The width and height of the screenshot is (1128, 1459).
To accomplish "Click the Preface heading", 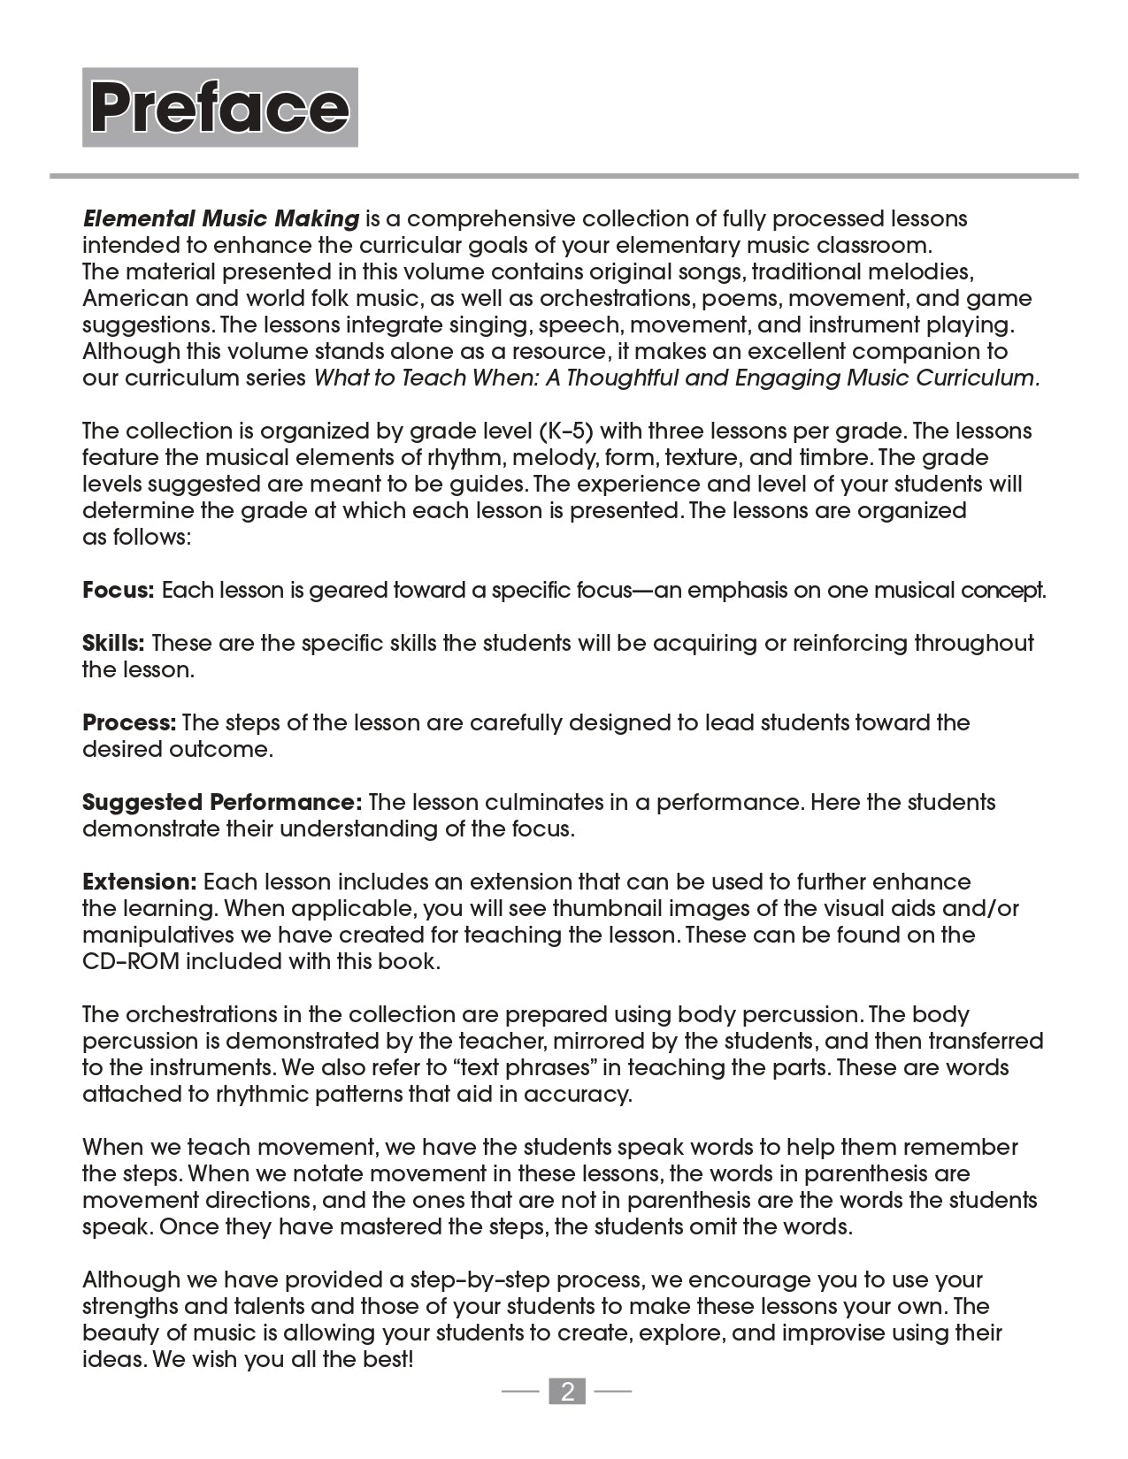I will [219, 107].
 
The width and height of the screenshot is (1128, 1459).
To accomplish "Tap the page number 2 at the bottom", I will [567, 1392].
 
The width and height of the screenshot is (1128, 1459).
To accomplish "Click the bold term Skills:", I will [113, 643].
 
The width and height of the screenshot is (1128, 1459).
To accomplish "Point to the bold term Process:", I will [129, 722].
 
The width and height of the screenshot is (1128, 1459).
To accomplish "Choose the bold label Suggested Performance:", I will [222, 802].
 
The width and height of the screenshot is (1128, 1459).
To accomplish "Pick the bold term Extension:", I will [139, 882].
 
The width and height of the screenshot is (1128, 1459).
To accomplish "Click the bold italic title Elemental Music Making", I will [221, 218].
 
